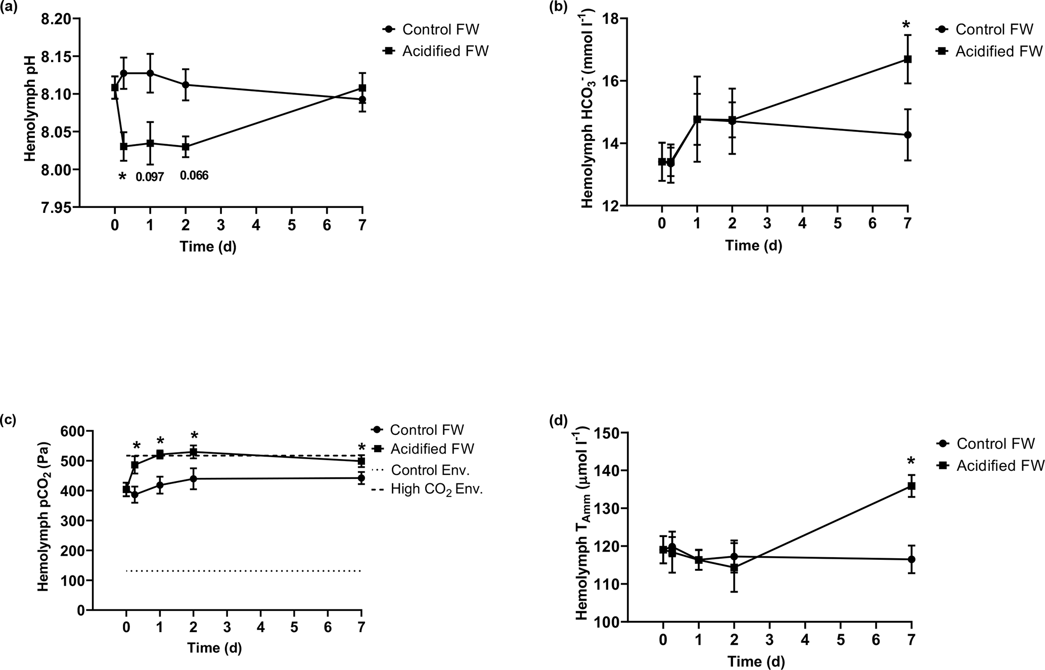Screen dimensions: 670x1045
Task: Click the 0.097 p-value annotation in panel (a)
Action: tap(150, 177)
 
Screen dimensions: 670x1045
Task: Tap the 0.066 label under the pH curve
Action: tap(194, 176)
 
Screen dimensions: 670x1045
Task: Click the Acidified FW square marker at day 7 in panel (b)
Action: tap(907, 59)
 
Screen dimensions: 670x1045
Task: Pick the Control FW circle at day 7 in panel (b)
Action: tap(907, 135)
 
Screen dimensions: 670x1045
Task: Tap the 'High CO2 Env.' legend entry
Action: tap(437, 489)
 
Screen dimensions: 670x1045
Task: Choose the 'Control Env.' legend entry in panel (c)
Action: tap(430, 470)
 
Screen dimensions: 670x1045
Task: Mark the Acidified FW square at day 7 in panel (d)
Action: tap(912, 486)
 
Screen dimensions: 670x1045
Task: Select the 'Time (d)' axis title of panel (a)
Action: tap(208, 247)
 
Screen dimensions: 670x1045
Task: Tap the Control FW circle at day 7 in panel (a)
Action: tap(362, 100)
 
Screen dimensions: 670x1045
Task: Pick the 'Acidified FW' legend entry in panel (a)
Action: tap(445, 52)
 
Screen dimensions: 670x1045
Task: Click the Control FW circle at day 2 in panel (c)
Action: tap(193, 478)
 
